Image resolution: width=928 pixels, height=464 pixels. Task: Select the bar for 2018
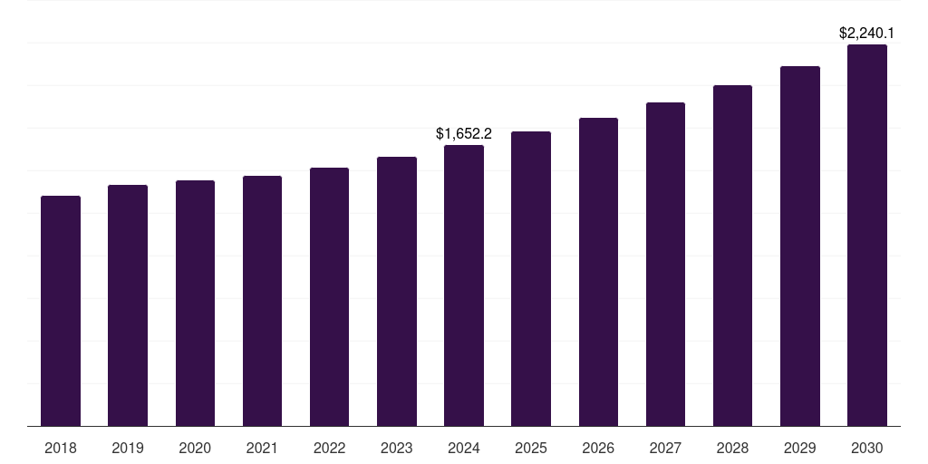61,311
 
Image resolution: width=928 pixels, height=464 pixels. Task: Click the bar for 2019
128,305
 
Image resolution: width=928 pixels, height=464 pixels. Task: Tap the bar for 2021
262,301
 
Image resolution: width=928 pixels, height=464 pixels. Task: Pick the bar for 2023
397,292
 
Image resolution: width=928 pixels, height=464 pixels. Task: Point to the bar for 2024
464,285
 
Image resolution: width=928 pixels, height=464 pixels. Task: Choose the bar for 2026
598,272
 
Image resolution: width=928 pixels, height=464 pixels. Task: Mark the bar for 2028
732,256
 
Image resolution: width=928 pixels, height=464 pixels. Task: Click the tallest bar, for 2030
867,236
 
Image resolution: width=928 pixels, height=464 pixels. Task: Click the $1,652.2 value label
464,134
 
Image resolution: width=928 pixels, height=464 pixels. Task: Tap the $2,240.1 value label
866,34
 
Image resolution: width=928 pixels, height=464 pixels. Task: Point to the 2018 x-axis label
61,448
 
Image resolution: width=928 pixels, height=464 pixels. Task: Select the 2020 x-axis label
195,448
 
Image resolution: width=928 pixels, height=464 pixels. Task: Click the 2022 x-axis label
329,448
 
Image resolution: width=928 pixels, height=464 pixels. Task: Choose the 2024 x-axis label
464,448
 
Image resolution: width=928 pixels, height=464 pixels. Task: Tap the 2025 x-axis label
531,448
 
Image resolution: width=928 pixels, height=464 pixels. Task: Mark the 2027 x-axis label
665,448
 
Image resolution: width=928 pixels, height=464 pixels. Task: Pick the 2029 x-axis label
799,448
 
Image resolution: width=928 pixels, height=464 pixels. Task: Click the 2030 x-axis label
867,448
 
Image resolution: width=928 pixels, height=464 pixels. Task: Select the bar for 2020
196,304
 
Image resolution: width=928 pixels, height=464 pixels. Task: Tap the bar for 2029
800,246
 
